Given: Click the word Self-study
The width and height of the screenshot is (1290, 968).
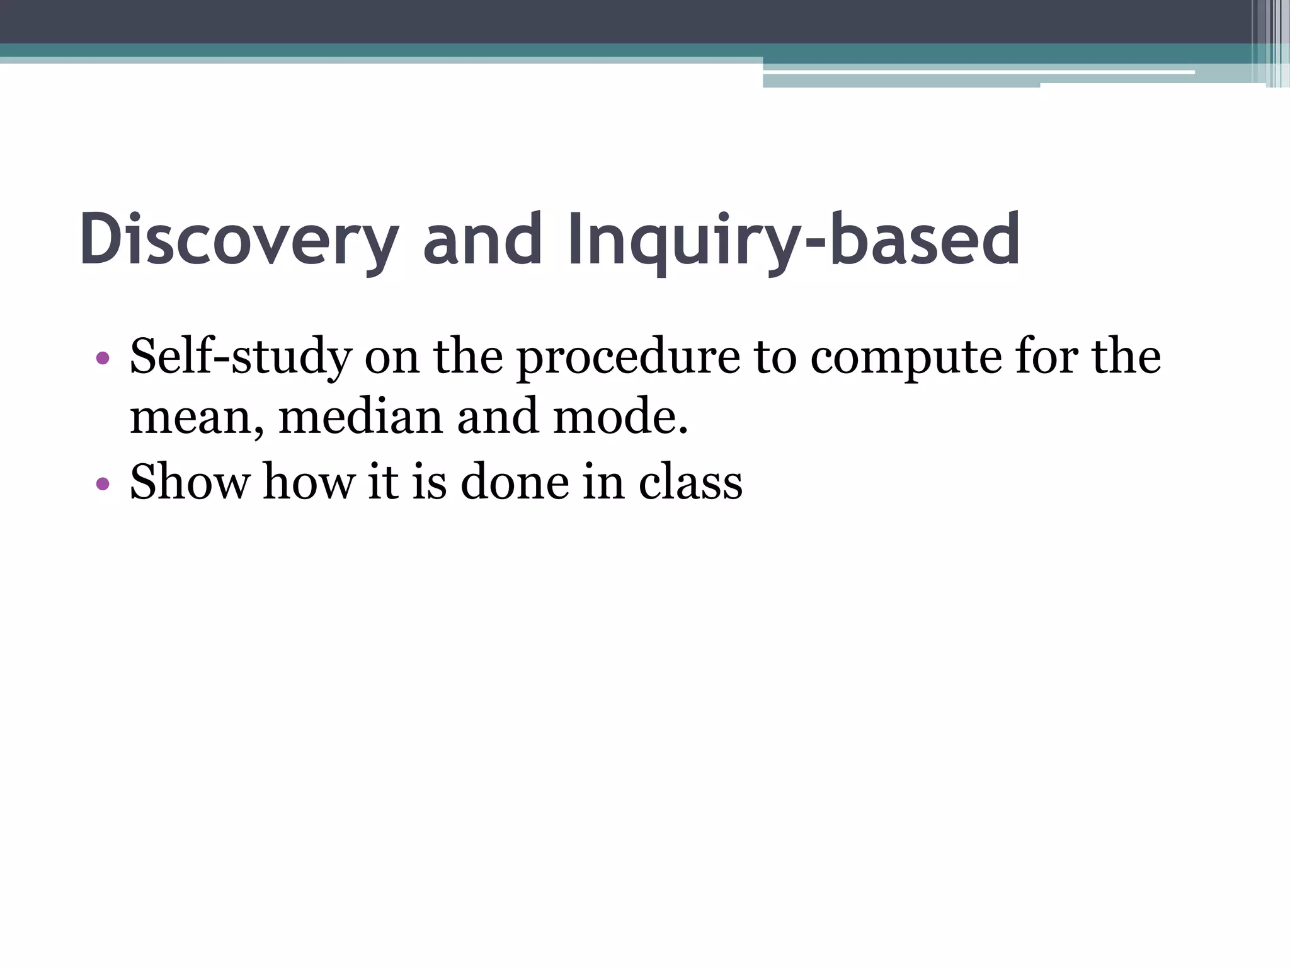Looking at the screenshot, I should tap(240, 357).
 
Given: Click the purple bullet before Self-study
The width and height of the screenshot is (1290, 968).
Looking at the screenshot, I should tap(103, 359).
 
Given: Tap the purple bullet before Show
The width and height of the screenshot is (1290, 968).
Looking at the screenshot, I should tap(103, 484).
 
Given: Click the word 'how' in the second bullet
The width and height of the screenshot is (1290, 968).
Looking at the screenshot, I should tap(309, 482).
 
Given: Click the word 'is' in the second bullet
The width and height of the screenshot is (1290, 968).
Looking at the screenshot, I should tap(429, 482).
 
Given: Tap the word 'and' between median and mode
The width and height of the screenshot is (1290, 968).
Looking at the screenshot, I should tap(498, 418).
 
